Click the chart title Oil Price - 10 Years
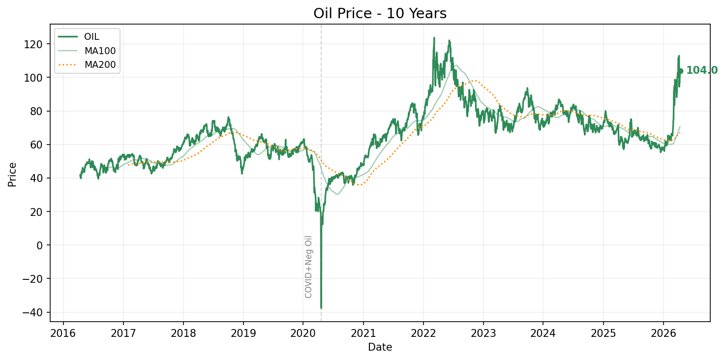[380, 14]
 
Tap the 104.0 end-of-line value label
[701, 70]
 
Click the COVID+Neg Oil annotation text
[309, 267]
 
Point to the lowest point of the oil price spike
[321, 308]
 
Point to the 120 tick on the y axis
[37, 44]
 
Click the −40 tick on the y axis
[35, 312]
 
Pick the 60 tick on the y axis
[39, 145]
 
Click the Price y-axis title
[12, 174]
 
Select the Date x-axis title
[380, 347]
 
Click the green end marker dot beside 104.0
[681, 71]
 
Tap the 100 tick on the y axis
[37, 78]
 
